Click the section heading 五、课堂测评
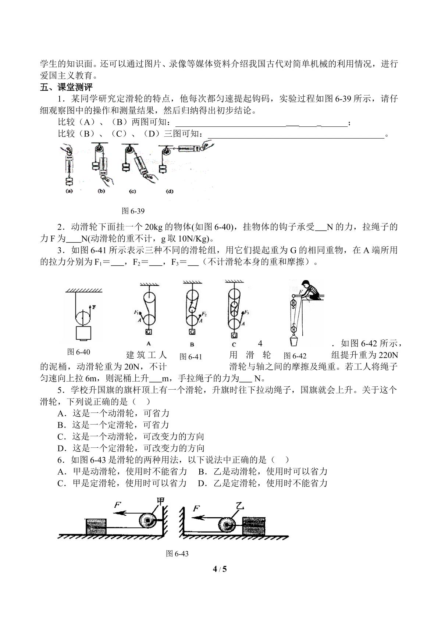(x=66, y=87)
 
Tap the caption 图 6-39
(x=133, y=211)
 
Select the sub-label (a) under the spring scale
(x=69, y=191)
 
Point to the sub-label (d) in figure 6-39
(x=170, y=191)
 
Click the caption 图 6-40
(x=79, y=352)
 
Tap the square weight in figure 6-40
(x=83, y=333)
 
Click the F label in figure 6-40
(x=94, y=307)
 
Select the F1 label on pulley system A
(x=136, y=312)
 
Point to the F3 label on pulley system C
(x=246, y=312)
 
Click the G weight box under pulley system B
(x=192, y=332)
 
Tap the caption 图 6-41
(x=191, y=357)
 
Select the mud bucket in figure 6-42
(x=294, y=340)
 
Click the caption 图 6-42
(x=295, y=356)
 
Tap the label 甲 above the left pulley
(x=161, y=500)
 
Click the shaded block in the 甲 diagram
(x=96, y=526)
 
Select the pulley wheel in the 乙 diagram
(x=227, y=524)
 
